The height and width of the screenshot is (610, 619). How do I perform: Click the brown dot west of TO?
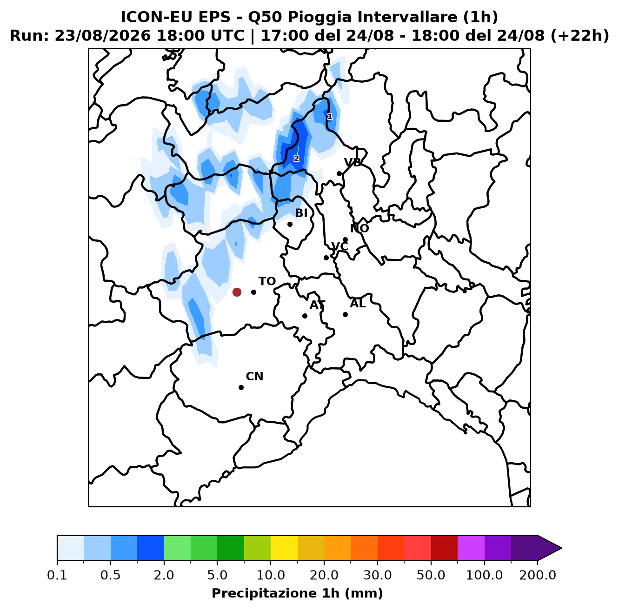pyautogui.click(x=237, y=292)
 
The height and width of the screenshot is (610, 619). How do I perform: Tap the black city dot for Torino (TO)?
pyautogui.click(x=253, y=292)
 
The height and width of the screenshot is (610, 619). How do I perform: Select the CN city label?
pyautogui.click(x=254, y=376)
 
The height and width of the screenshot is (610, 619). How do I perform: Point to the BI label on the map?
pyautogui.click(x=301, y=212)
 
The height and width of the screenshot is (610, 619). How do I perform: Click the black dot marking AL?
pyautogui.click(x=345, y=314)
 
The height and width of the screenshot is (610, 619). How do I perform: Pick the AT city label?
pyautogui.click(x=317, y=305)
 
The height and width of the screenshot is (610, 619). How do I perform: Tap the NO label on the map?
pyautogui.click(x=359, y=228)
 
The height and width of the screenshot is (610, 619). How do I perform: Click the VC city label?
pyautogui.click(x=339, y=246)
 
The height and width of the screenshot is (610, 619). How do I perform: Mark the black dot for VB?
pyautogui.click(x=339, y=174)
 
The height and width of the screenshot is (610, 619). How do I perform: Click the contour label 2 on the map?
pyautogui.click(x=296, y=159)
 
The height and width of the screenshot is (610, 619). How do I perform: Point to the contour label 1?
pyautogui.click(x=330, y=117)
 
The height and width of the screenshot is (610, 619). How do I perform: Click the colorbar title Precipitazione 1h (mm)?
pyautogui.click(x=297, y=593)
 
